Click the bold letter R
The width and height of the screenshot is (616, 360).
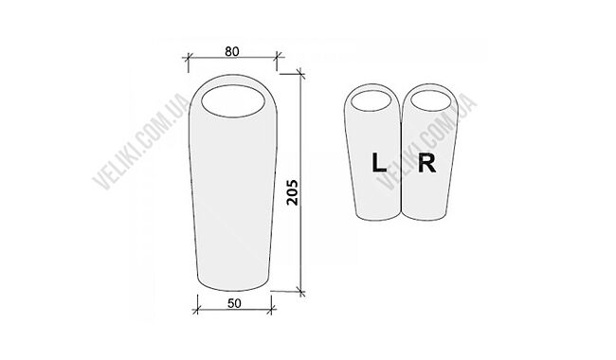(426, 163)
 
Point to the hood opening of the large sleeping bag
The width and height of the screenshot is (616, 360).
(231, 101)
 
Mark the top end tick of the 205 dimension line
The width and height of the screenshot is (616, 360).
(301, 70)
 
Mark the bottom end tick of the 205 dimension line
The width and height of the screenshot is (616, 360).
(301, 291)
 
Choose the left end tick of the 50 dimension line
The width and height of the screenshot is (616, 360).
(197, 308)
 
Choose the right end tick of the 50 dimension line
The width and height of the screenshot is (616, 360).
(271, 308)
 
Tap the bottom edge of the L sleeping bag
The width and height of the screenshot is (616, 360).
(378, 217)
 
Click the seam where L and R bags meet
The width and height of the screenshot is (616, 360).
(403, 161)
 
